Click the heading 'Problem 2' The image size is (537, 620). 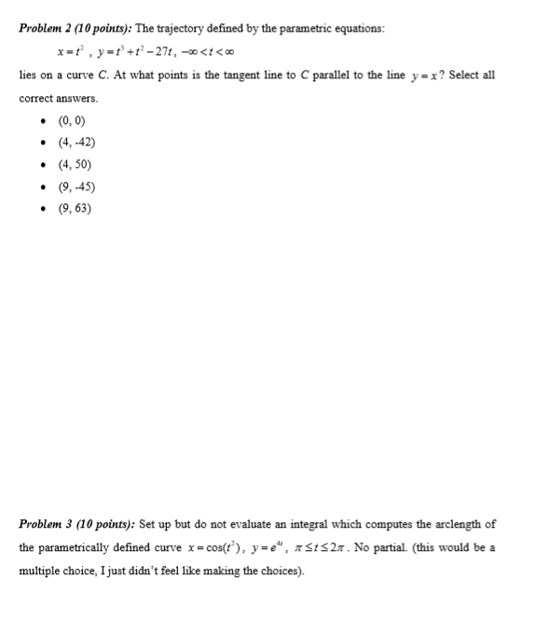coord(47,29)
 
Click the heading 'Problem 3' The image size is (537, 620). coord(47,524)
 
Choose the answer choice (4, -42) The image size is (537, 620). coord(76,143)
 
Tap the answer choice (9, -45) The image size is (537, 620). coord(76,186)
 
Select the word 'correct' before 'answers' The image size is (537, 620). coord(37,97)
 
